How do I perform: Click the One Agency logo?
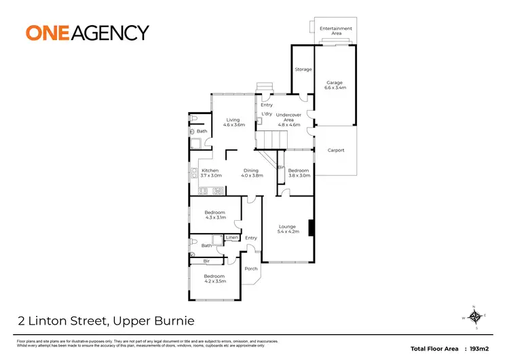[87, 32]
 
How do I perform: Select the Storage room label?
[303, 69]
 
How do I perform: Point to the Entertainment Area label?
[336, 31]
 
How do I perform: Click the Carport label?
[335, 150]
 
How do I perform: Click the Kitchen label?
[210, 173]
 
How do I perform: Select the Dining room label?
[251, 173]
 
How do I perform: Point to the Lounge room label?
[288, 229]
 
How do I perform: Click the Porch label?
[251, 268]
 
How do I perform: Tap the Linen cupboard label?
[232, 237]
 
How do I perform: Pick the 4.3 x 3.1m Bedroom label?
[214, 215]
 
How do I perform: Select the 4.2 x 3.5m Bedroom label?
[214, 278]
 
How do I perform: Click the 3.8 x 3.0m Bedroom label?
[299, 173]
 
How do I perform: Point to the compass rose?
[475, 317]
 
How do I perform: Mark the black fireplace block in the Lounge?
[311, 228]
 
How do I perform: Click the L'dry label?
[266, 113]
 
